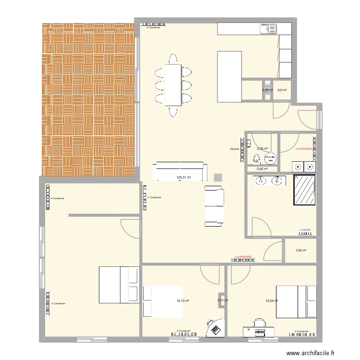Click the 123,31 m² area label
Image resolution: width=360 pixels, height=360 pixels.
[x=184, y=178]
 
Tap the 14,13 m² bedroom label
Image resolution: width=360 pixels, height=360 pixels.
[x=183, y=301]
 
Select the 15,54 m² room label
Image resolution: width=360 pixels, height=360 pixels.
[x=272, y=301]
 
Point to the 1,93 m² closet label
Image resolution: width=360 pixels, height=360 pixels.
[x=300, y=250]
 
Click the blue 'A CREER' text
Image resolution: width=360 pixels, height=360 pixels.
[x=305, y=230]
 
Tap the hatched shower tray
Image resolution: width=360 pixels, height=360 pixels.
[x=304, y=190]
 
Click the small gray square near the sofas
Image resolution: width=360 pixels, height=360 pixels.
[x=218, y=177]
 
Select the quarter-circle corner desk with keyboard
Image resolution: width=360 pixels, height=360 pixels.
[x=215, y=329]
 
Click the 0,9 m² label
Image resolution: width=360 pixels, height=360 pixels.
[x=282, y=90]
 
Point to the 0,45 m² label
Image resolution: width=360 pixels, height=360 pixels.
[x=262, y=168]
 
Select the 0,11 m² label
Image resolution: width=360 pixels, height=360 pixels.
[x=223, y=300]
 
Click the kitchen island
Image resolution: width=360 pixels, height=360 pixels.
[x=229, y=76]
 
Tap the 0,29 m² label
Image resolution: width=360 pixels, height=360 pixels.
[x=267, y=90]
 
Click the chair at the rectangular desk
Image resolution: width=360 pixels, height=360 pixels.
[x=259, y=323]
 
